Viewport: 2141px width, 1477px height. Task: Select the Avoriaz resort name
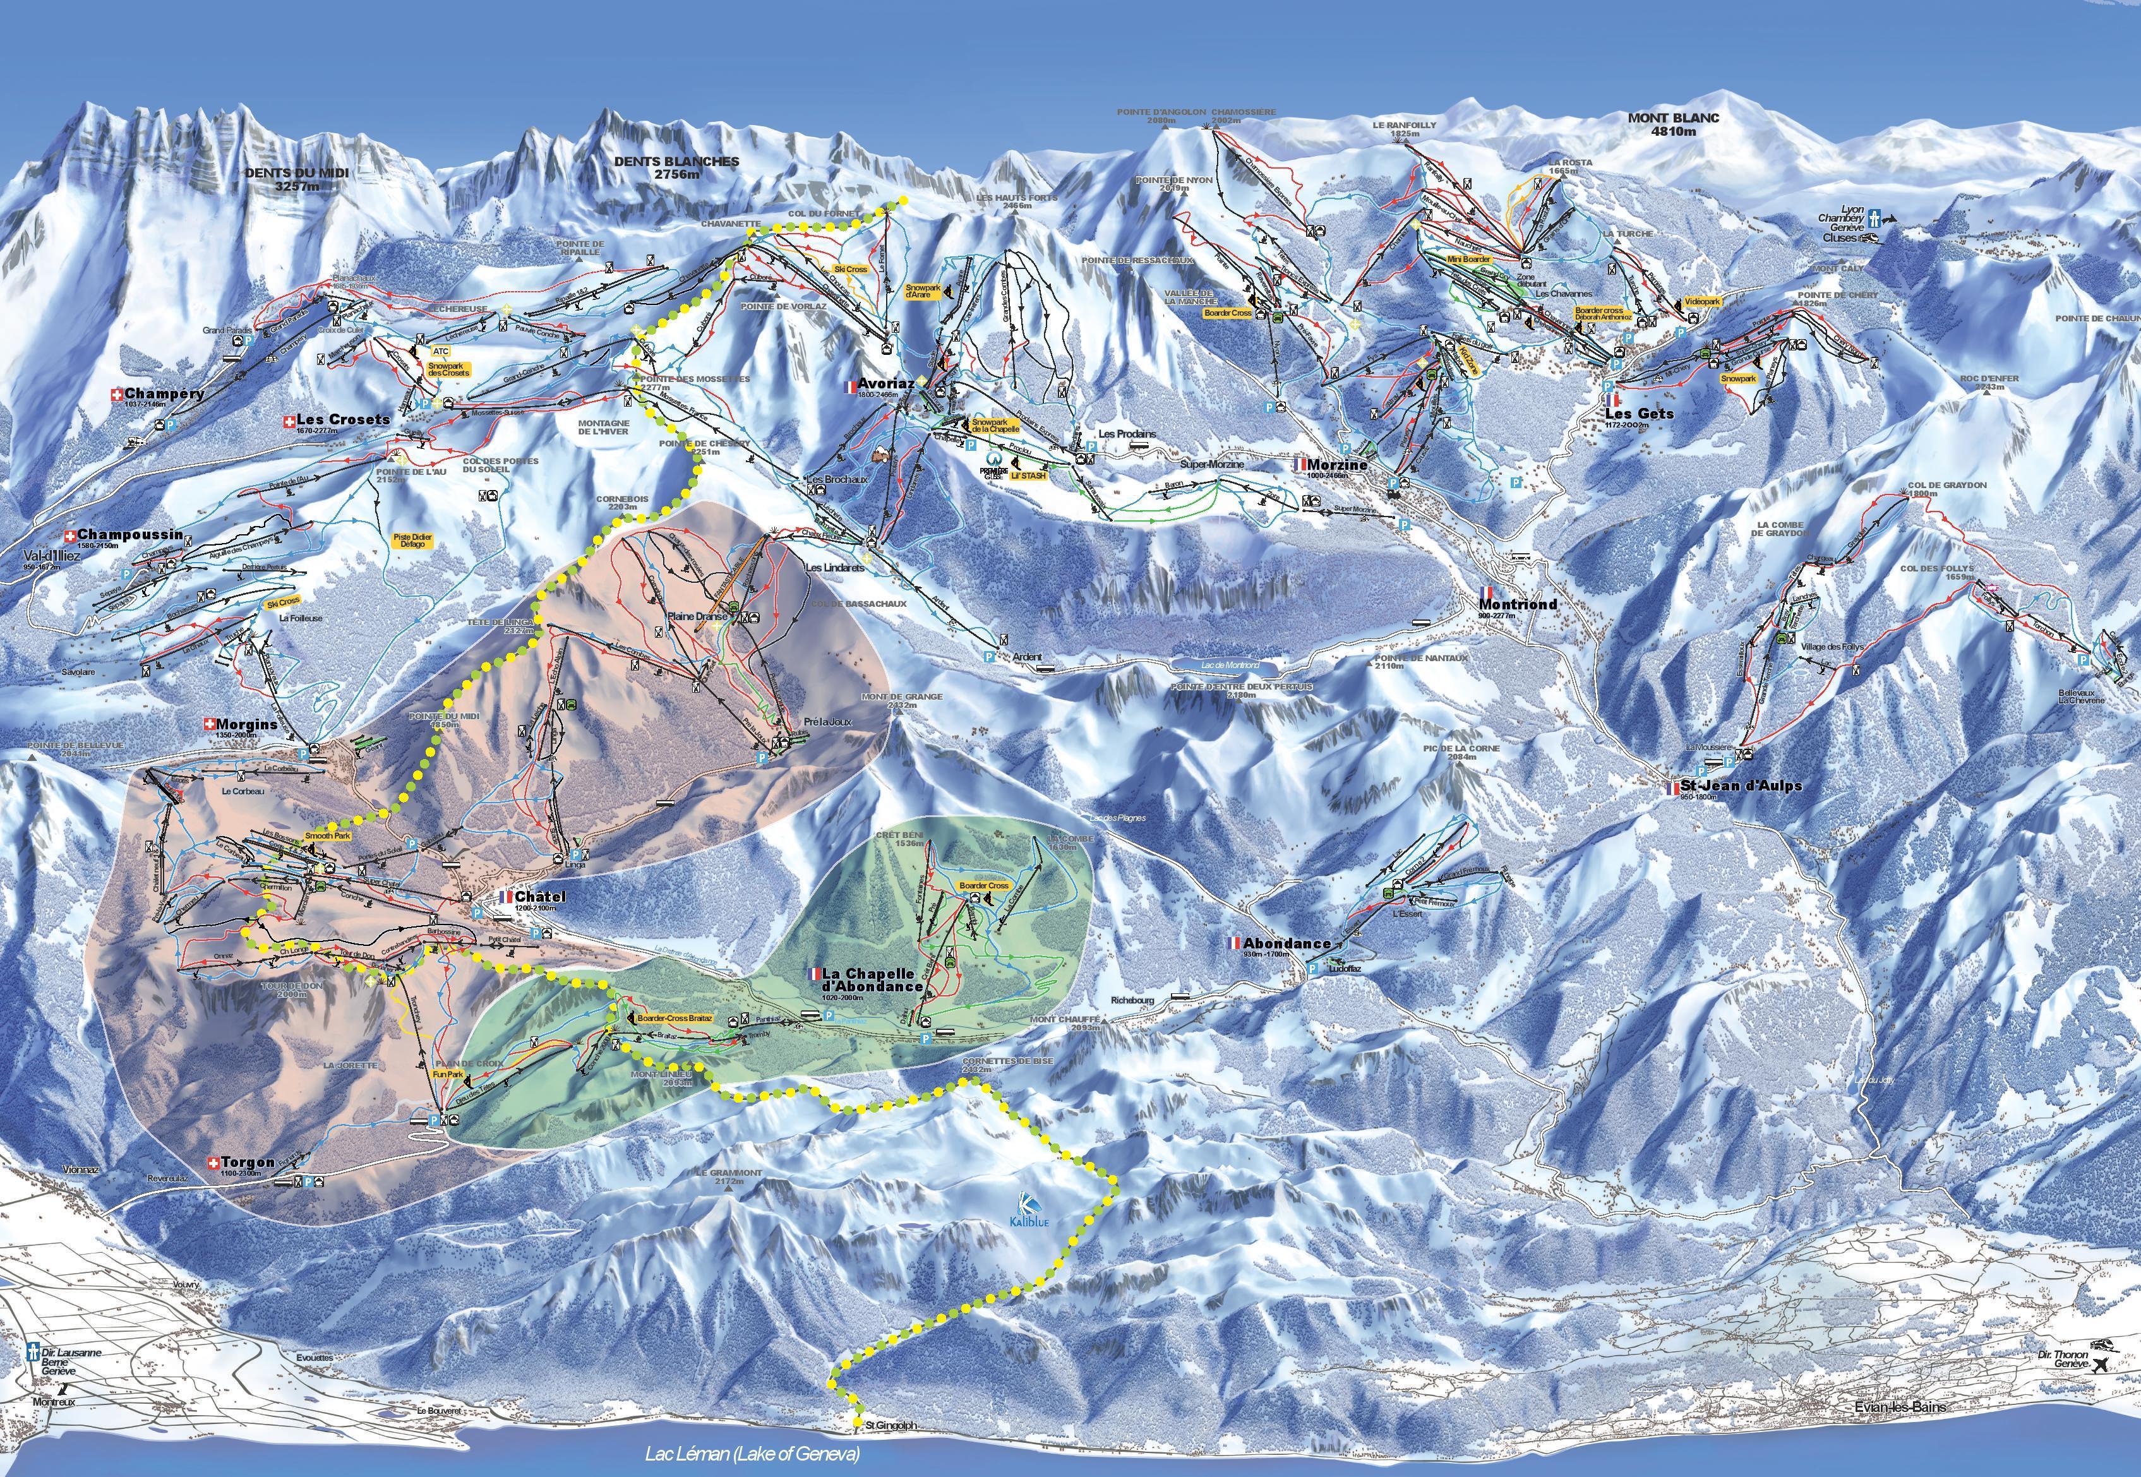pos(886,384)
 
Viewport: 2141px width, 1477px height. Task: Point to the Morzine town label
pos(1336,465)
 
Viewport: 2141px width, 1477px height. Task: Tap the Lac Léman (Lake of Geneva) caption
pos(753,1453)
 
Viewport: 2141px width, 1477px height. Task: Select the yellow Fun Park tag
pos(448,1074)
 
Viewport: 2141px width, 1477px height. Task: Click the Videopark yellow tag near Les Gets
pos(1702,302)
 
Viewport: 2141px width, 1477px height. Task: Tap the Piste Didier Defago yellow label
pos(413,541)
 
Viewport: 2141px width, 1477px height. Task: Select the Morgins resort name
pos(246,725)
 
